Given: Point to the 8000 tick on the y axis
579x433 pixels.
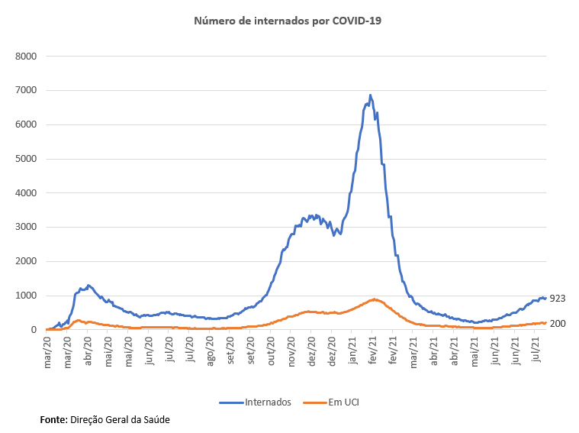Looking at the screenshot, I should [28, 57].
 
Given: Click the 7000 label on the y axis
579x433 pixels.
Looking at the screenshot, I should [28, 91].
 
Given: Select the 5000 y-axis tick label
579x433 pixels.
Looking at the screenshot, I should [28, 159].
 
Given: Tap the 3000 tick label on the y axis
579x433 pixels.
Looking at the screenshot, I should [28, 228].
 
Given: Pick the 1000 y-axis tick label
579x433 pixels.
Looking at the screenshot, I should [28, 296].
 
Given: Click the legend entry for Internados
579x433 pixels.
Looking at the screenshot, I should [259, 402].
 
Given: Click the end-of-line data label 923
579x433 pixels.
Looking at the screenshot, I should [557, 298].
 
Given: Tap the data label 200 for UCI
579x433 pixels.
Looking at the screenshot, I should [557, 324].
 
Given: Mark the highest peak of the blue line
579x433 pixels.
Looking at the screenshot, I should [371, 95].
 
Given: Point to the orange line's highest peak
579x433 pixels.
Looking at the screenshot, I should [375, 299].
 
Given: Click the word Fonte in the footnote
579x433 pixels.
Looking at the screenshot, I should [53, 419].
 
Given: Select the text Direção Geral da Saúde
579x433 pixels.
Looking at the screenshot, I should [120, 419].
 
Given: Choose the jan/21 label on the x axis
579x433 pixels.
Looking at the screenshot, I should [354, 352].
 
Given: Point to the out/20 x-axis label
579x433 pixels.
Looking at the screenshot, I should [272, 352].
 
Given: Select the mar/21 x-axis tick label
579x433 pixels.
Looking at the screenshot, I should [414, 352].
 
